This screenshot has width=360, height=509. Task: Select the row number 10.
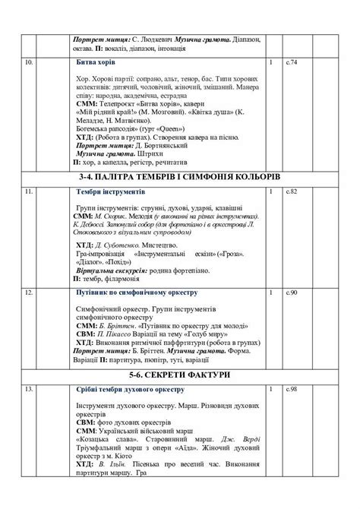point(30,62)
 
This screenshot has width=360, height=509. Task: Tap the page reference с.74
point(292,62)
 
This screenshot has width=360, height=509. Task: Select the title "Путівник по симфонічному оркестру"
point(137,292)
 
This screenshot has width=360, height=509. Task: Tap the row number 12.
point(29,292)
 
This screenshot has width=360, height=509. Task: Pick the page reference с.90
point(292,292)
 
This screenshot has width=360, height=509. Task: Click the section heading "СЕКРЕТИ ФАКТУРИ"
point(179,375)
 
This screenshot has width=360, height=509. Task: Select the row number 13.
point(29,390)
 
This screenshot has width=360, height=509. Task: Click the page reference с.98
point(292,390)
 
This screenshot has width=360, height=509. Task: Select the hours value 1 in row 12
point(271,292)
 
